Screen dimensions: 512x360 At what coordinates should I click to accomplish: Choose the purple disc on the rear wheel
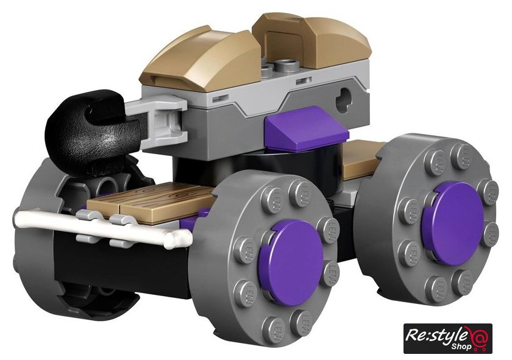pos(453,222)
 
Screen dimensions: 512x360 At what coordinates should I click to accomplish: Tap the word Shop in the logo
pos(463,346)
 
